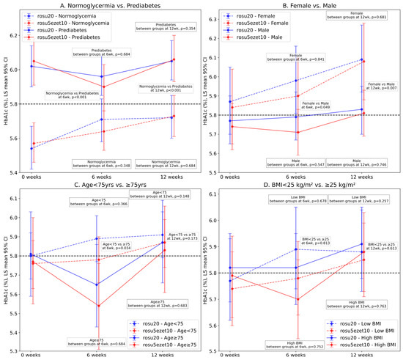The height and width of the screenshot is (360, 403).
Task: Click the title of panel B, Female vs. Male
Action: click(x=303, y=5)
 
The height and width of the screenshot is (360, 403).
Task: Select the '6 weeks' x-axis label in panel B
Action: click(x=297, y=177)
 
